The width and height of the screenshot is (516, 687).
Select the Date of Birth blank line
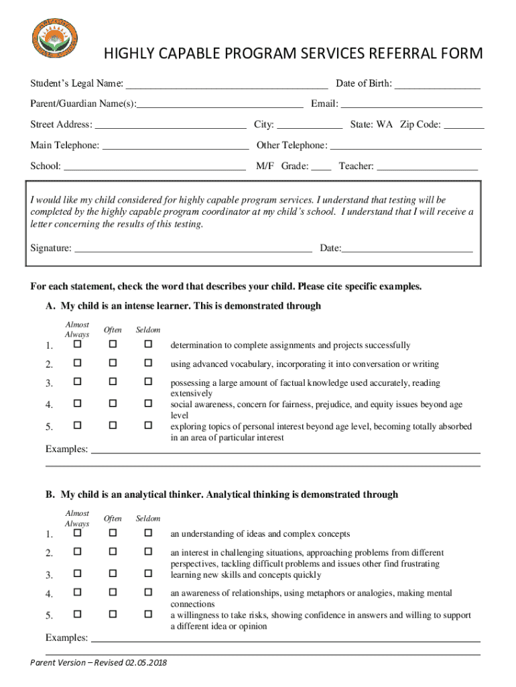click(437, 85)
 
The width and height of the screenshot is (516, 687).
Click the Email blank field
click(411, 105)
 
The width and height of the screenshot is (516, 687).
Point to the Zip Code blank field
click(464, 125)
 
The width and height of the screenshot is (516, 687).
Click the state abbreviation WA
click(385, 125)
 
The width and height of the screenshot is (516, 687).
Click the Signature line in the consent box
click(193, 249)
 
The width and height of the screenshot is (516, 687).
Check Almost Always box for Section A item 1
click(77, 344)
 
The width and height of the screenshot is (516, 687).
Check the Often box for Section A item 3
click(113, 382)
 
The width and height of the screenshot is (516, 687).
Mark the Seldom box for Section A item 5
click(148, 425)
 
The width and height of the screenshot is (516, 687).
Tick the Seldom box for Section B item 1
click(148, 533)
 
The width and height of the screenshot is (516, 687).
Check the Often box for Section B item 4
click(113, 592)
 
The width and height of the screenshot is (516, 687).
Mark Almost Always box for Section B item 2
click(77, 551)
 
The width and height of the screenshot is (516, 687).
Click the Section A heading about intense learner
click(184, 306)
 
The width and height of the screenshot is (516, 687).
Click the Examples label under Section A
click(66, 449)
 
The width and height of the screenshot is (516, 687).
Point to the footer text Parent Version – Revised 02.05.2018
click(99, 663)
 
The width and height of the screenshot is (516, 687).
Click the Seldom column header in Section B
click(148, 519)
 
